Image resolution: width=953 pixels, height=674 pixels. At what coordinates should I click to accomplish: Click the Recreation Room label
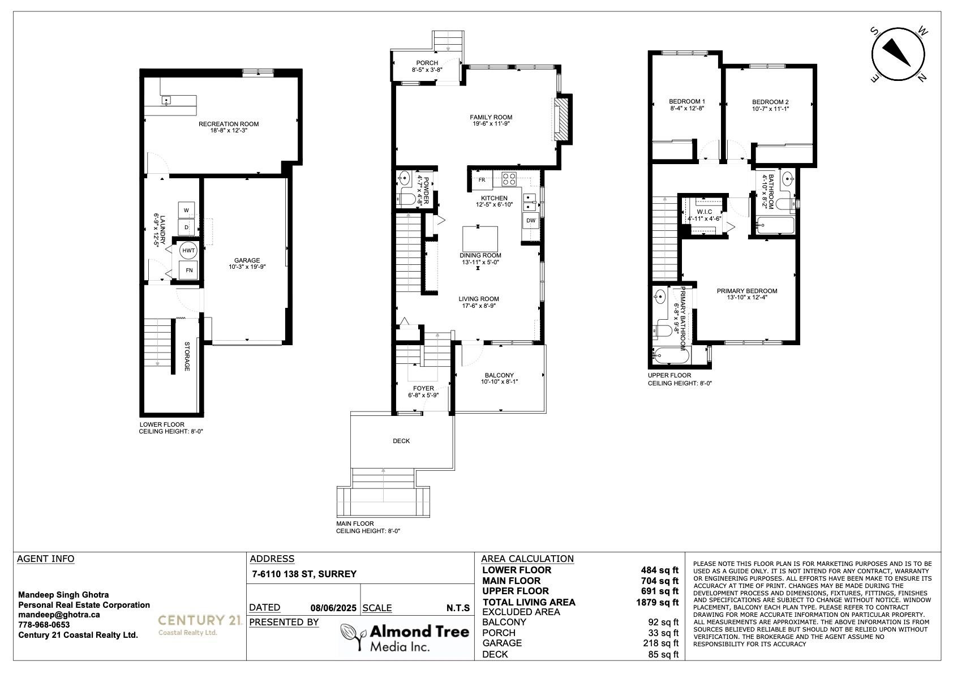[x=229, y=125]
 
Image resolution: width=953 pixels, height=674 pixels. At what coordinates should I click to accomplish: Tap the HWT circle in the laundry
[x=188, y=251]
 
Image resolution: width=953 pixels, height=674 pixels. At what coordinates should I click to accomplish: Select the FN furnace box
[x=188, y=270]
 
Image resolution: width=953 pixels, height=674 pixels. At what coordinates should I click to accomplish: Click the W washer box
[x=186, y=210]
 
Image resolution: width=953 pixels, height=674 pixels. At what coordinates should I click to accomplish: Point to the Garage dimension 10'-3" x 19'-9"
[x=247, y=267]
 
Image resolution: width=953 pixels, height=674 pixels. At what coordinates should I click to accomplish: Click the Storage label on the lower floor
[x=187, y=356]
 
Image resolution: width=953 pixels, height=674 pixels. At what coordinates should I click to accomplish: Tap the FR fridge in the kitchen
[x=482, y=181]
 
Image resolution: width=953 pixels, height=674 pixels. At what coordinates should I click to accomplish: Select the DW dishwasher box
[x=531, y=220]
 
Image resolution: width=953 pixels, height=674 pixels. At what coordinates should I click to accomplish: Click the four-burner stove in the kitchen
[x=509, y=179]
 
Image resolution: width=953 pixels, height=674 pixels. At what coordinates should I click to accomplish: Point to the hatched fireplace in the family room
[x=562, y=119]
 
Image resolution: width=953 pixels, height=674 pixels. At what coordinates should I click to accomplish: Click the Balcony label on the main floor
[x=500, y=375]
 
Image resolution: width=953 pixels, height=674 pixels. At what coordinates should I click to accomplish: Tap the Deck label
[x=401, y=441]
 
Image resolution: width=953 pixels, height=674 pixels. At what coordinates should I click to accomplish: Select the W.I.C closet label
[x=705, y=212]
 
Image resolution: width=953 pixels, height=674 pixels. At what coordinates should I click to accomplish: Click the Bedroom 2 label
[x=770, y=102]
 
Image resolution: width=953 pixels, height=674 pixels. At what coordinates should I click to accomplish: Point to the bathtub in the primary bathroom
[x=671, y=356]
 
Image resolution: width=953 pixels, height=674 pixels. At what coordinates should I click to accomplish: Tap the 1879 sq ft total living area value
[x=658, y=602]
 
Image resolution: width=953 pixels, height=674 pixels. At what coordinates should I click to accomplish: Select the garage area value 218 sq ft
[x=661, y=643]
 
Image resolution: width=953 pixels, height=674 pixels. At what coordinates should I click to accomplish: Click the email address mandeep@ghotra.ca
[x=59, y=615]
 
